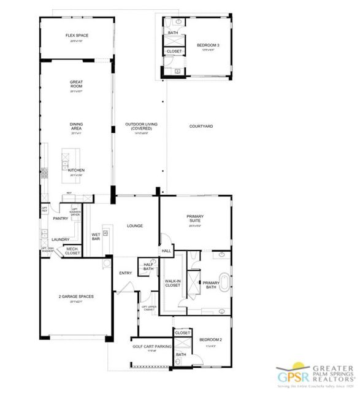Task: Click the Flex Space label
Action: tap(77, 36)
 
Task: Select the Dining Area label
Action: tap(76, 127)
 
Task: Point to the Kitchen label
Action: tap(76, 170)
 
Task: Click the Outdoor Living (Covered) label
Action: tap(142, 126)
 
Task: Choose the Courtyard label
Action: tap(201, 126)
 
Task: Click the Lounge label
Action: tap(135, 226)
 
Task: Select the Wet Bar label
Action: tap(96, 236)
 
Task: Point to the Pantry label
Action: tap(60, 219)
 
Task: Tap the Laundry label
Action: tap(60, 239)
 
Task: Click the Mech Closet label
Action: tap(72, 251)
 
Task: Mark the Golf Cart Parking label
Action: tap(151, 346)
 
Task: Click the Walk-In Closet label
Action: tap(172, 283)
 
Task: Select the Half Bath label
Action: tap(148, 267)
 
